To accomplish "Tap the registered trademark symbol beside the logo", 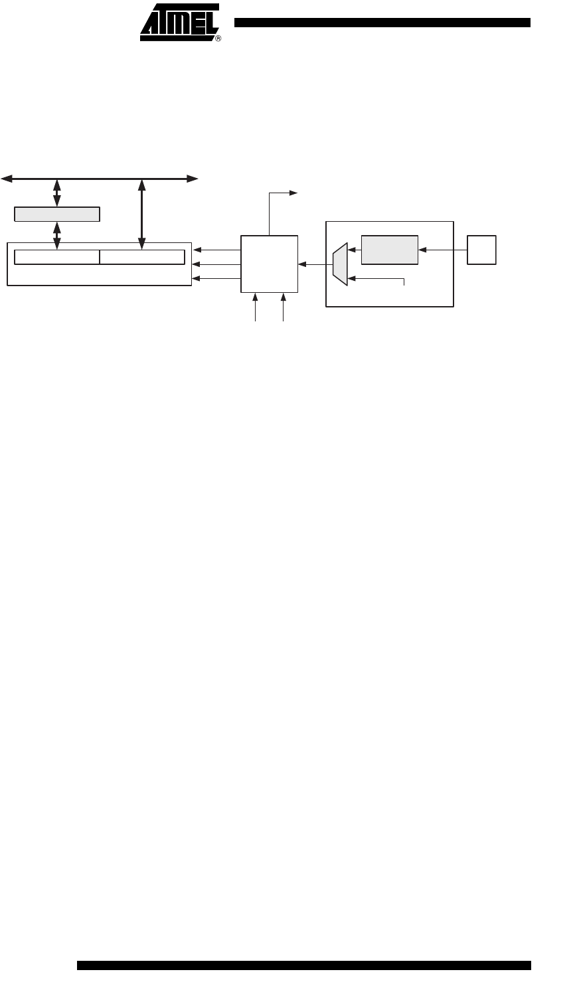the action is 218,39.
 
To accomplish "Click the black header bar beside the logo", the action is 382,23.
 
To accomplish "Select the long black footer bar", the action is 304,965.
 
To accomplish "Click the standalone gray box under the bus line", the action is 57,214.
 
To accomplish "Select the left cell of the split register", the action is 57,257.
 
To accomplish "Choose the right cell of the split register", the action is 142,257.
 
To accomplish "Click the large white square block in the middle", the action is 270,264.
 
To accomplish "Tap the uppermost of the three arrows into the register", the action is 216,250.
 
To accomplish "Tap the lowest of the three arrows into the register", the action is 216,279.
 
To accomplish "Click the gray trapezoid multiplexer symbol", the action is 340,264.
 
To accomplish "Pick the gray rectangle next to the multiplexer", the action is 390,250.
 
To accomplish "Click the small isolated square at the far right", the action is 481,250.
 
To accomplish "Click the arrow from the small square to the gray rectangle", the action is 443,250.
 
